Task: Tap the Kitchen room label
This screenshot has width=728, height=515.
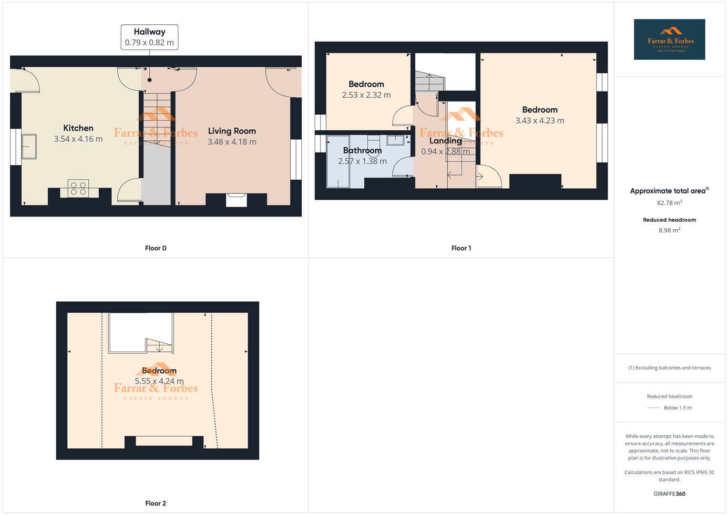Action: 78,128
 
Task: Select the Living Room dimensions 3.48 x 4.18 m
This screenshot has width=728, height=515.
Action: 232,142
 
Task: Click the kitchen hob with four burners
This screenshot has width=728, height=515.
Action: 78,188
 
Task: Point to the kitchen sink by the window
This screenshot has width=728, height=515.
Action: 30,146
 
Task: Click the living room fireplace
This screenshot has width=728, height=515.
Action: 236,199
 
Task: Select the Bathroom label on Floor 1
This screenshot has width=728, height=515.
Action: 362,150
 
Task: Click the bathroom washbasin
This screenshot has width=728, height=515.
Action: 396,140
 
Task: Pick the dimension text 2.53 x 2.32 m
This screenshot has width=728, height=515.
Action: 366,95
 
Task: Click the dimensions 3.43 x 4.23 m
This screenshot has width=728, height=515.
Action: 540,121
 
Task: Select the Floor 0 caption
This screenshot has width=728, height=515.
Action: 155,248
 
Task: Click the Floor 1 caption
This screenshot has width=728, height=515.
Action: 461,248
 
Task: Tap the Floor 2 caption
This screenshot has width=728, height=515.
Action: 155,503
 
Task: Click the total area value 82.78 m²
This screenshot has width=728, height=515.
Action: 669,203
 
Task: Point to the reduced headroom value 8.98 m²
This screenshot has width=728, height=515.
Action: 669,230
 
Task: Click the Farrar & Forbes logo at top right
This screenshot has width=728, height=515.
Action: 669,39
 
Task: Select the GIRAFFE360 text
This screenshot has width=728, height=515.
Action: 669,494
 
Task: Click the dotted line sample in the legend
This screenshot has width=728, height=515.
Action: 654,408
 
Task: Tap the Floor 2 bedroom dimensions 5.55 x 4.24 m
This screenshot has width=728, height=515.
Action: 159,381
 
